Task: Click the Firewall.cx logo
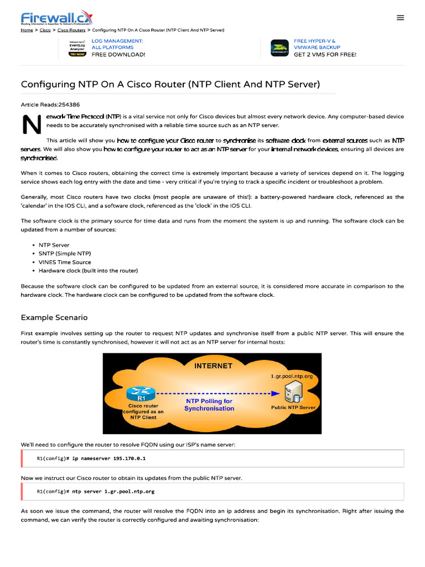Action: (56, 18)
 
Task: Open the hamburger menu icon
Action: (401, 18)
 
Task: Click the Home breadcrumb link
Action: (27, 30)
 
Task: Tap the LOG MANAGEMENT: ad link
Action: (117, 41)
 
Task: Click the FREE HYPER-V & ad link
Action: (314, 41)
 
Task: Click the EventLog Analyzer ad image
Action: (77, 48)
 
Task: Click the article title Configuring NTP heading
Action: (170, 84)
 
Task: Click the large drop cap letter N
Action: (32, 126)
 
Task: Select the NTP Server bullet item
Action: (54, 245)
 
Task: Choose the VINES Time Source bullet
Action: (65, 262)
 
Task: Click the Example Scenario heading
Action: (54, 318)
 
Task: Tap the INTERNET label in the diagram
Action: (213, 366)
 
